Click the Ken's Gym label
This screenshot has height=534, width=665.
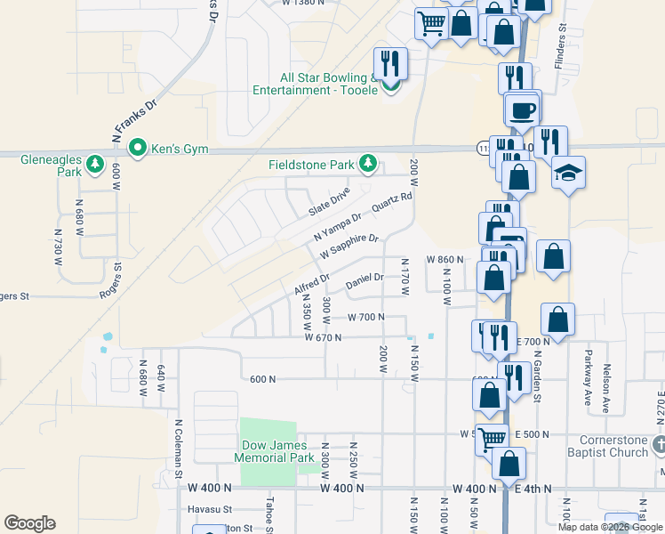tap(179, 149)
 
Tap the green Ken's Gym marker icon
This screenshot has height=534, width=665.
tap(138, 148)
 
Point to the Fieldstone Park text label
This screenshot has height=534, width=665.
tap(312, 165)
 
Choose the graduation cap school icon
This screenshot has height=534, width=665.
tap(568, 171)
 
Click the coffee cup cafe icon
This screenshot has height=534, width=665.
tap(523, 110)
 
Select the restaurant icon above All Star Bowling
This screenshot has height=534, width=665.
tap(389, 63)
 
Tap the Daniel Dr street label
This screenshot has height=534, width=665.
tap(365, 280)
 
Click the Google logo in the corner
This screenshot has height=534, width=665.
tap(30, 523)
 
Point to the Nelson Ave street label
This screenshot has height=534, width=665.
tap(606, 383)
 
